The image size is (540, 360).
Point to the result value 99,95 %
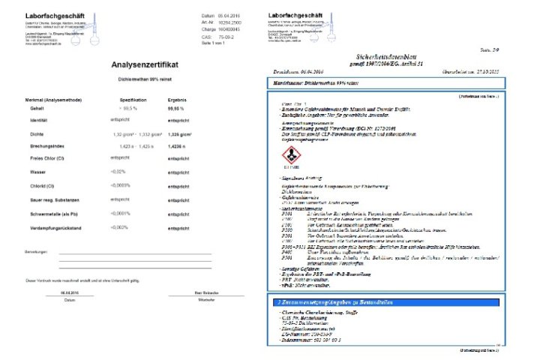(177, 109)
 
